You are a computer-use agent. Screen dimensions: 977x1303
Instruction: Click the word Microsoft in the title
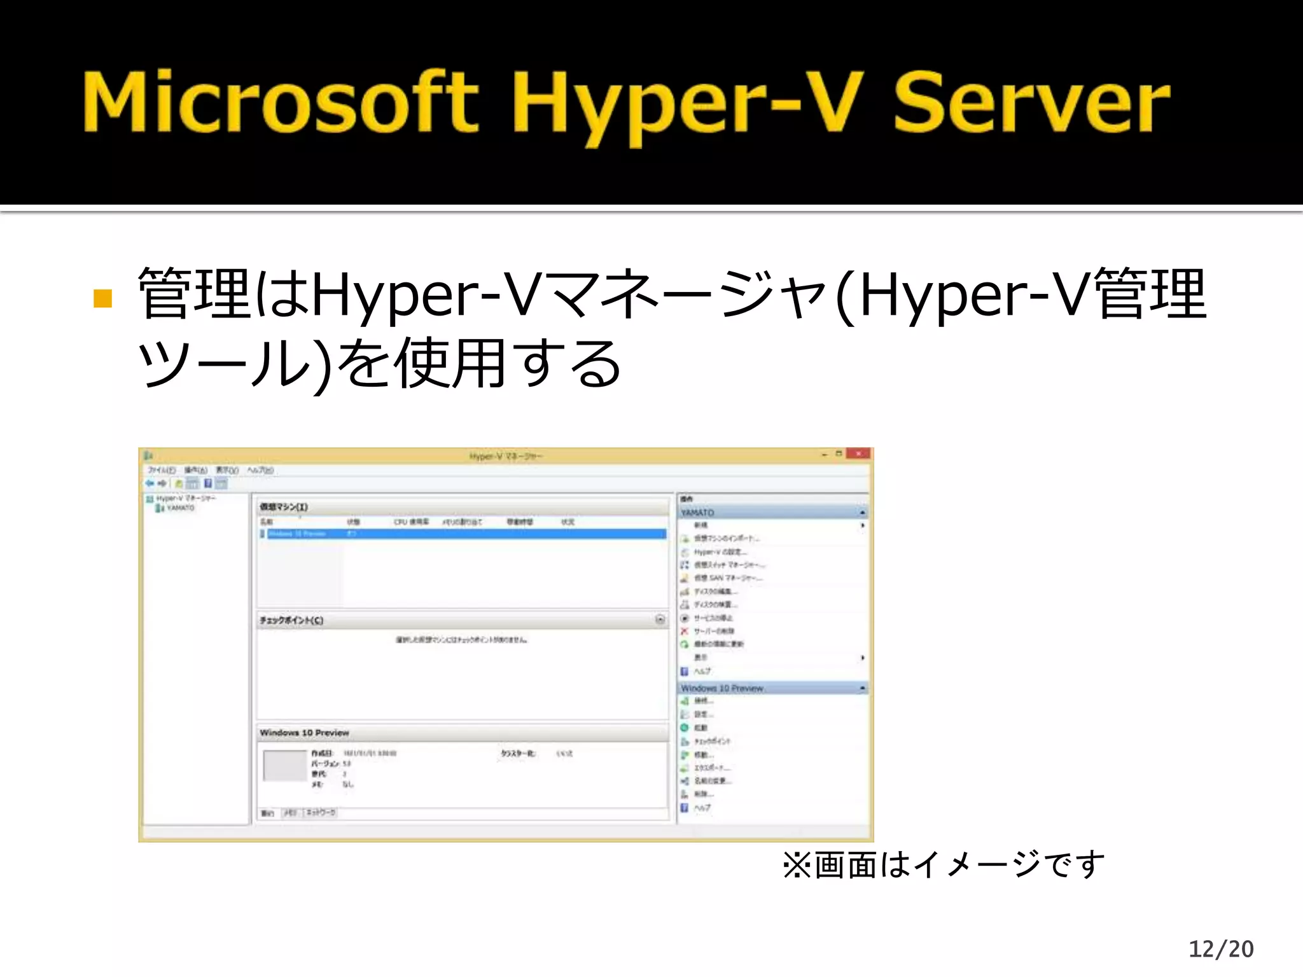[280, 102]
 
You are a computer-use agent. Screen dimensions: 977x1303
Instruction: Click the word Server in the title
[1031, 102]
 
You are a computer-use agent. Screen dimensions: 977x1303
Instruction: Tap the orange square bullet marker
[102, 298]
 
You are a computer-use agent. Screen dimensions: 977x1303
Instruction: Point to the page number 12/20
[1221, 949]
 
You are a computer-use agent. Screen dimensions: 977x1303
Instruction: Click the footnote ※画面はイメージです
[944, 865]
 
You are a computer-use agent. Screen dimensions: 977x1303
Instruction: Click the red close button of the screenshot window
[858, 454]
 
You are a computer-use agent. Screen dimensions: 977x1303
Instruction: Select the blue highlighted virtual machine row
[463, 534]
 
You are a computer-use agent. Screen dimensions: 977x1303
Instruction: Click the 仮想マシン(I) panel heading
[284, 507]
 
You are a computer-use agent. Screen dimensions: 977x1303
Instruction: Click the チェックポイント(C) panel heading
[291, 620]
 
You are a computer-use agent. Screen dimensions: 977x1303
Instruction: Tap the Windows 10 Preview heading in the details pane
[304, 733]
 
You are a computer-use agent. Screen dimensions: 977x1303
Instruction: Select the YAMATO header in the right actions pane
[697, 513]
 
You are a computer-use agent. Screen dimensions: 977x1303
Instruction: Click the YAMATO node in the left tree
[180, 508]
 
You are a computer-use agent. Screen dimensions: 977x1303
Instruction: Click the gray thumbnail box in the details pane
[284, 766]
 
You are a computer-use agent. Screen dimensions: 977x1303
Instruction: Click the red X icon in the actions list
[685, 631]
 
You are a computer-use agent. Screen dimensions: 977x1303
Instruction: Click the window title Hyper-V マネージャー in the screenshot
[506, 456]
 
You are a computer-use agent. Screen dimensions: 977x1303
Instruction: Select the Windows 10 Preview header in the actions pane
[721, 688]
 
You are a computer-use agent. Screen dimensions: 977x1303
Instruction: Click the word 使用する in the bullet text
[509, 364]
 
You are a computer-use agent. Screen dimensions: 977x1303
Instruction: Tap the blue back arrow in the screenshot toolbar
[150, 483]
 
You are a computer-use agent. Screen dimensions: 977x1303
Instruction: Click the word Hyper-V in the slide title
[687, 102]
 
